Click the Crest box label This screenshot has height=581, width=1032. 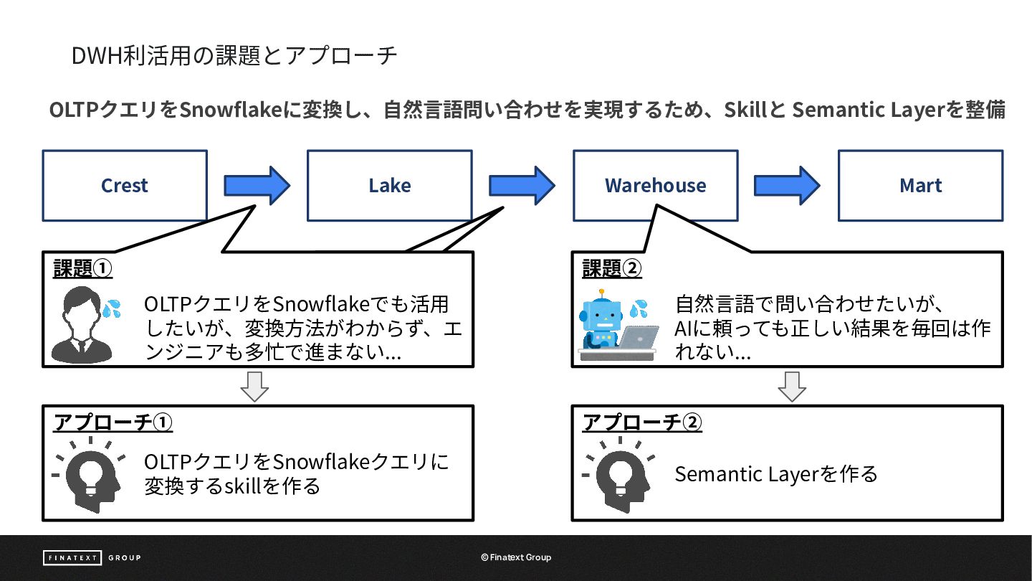tap(125, 185)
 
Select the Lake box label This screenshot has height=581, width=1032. tap(390, 185)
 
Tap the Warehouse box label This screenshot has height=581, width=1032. tap(655, 185)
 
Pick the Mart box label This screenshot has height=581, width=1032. tap(920, 185)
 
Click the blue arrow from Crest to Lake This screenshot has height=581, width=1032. tap(257, 186)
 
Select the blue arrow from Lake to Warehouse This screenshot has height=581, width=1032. tap(522, 186)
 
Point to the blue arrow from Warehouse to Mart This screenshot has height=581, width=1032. tap(787, 186)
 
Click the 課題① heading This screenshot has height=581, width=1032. tap(83, 268)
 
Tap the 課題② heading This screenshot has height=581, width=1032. tap(612, 268)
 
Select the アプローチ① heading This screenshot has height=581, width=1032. tap(113, 422)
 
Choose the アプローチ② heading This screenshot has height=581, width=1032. tap(642, 422)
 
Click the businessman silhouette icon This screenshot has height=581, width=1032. tap(82, 325)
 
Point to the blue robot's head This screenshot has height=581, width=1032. tap(601, 314)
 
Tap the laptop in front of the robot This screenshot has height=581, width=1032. tap(639, 338)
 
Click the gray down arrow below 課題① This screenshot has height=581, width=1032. tap(255, 387)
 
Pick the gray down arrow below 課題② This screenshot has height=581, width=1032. tap(792, 387)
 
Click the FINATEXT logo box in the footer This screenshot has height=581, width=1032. tap(72, 557)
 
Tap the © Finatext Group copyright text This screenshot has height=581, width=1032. tap(516, 557)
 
